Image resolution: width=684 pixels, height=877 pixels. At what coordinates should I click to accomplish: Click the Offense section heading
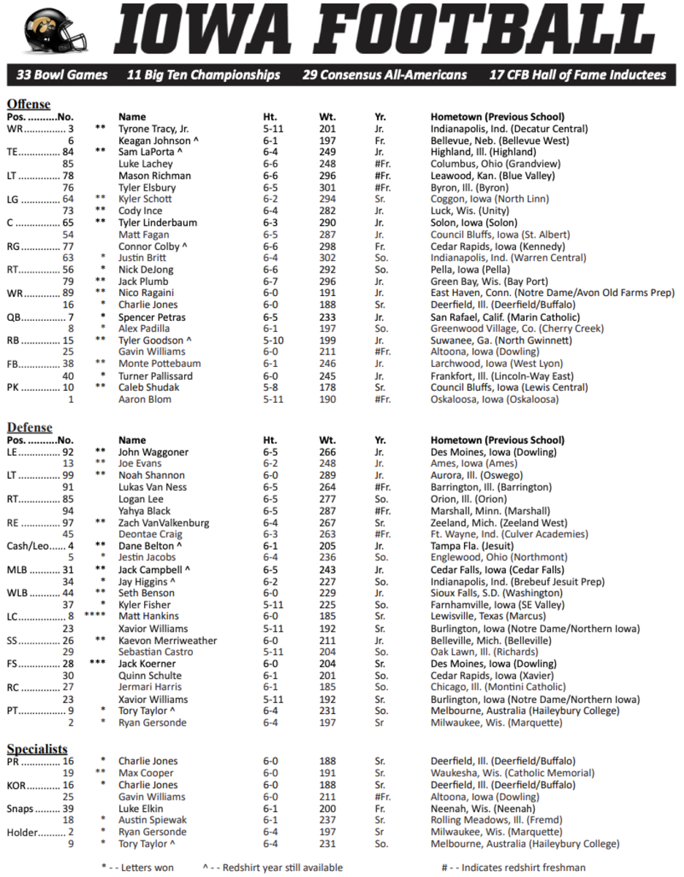[29, 103]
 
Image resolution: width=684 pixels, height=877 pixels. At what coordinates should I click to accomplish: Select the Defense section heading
[29, 427]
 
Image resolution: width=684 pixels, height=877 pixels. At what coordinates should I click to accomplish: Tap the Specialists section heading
[37, 749]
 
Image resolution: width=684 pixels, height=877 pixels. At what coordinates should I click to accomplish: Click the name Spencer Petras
[152, 317]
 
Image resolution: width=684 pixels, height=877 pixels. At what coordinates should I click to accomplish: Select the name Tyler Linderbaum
[154, 223]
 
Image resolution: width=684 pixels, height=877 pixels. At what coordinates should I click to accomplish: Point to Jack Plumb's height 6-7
[271, 281]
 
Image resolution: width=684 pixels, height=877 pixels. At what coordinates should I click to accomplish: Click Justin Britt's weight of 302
[327, 258]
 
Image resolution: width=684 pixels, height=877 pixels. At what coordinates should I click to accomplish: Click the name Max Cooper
[146, 773]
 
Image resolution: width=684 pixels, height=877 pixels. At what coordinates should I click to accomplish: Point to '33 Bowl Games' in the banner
[61, 75]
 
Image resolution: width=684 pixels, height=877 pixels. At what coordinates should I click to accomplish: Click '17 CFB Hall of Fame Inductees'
[577, 75]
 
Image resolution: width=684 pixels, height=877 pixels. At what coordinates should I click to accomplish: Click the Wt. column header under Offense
[327, 116]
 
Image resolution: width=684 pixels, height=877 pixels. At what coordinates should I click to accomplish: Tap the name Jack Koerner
[147, 664]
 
